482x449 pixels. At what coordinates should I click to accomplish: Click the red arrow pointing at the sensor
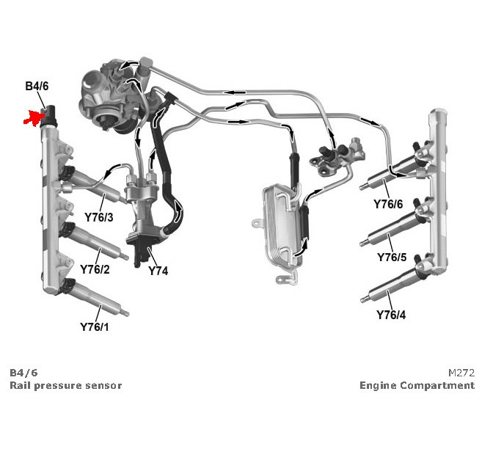tap(34, 117)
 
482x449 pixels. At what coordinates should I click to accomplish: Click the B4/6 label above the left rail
tap(38, 87)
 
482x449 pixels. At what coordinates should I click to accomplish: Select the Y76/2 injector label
tap(95, 270)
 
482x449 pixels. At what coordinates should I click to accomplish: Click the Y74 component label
tap(158, 271)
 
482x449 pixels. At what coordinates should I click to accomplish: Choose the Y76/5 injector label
tap(391, 258)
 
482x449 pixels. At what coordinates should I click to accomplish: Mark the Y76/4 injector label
tap(391, 315)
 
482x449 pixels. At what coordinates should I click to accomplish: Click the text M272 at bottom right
tap(461, 373)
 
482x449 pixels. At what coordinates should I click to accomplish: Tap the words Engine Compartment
tap(417, 385)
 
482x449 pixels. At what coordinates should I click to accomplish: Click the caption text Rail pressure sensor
tap(66, 385)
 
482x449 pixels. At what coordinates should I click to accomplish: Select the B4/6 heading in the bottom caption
tap(24, 373)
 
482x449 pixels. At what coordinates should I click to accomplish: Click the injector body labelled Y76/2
tap(95, 243)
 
